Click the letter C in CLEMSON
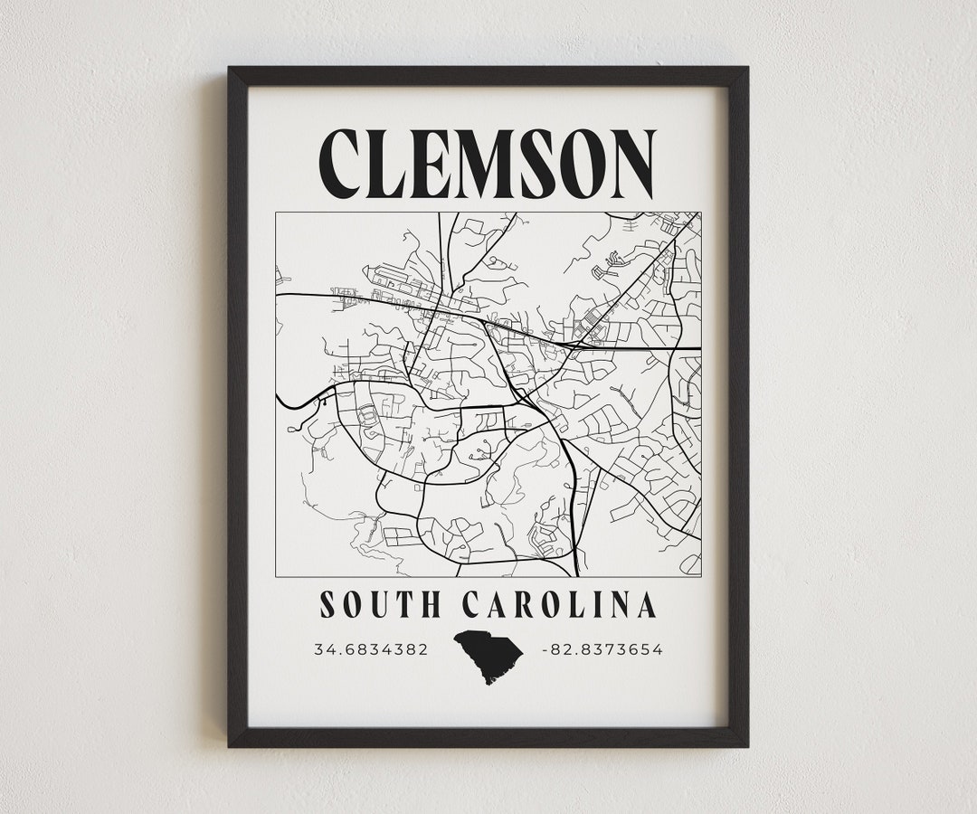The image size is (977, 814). (346, 164)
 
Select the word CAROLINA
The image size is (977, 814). (558, 604)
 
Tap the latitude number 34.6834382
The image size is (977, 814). (371, 649)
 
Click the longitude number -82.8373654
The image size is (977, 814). (602, 649)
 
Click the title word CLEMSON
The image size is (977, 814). (488, 164)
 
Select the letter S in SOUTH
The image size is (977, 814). (327, 604)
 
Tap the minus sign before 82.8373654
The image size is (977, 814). (544, 649)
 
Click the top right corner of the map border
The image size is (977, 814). (701, 213)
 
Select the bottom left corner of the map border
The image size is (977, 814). (276, 576)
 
